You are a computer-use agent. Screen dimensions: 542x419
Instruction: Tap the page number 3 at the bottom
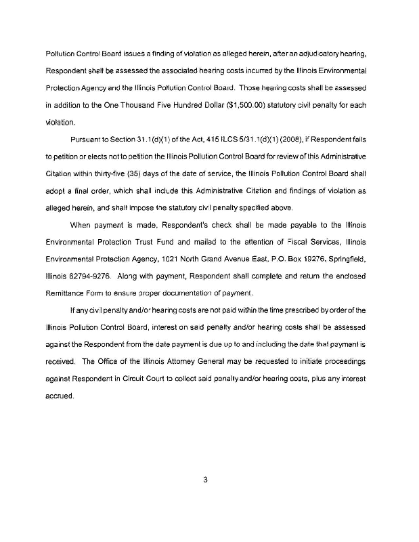point(204,480)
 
